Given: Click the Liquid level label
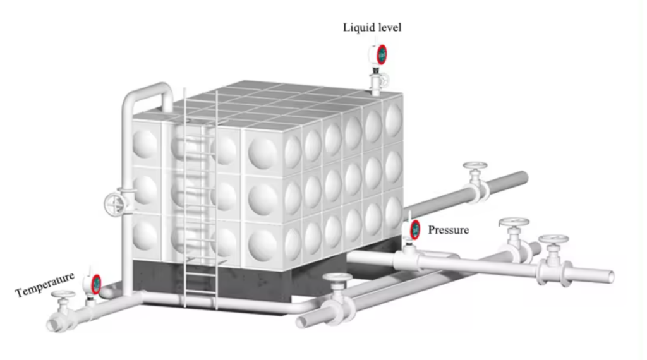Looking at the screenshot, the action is pyautogui.click(x=372, y=28).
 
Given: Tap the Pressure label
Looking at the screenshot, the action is pyautogui.click(x=448, y=230).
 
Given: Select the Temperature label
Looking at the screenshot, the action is pyautogui.click(x=45, y=284).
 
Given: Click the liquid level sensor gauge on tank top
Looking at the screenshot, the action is pyautogui.click(x=378, y=54).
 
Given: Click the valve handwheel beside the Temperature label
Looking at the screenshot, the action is pyautogui.click(x=63, y=294).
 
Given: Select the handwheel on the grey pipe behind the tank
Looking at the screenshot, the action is pyautogui.click(x=475, y=165).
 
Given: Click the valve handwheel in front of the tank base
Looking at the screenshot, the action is pyautogui.click(x=337, y=277).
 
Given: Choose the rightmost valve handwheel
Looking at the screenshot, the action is pyautogui.click(x=553, y=239).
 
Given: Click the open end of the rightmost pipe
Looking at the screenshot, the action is pyautogui.click(x=610, y=277).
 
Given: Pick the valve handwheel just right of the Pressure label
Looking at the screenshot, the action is pyautogui.click(x=514, y=222).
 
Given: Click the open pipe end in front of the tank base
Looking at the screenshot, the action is pyautogui.click(x=301, y=322).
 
